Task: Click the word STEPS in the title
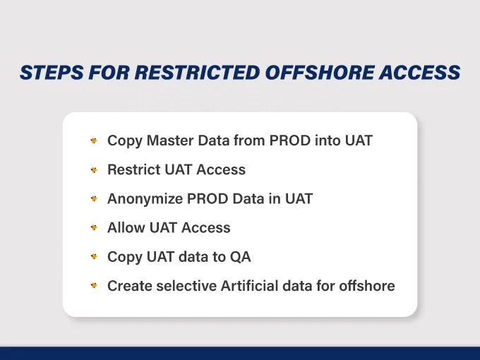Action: pos(52,73)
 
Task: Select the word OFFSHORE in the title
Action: pos(319,73)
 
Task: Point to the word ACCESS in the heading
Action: pos(419,73)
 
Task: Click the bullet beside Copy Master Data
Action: pos(94,140)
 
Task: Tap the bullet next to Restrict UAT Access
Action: pos(94,170)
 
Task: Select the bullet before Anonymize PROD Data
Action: pos(94,198)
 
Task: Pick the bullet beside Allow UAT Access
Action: pos(94,228)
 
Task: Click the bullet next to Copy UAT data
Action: pos(94,256)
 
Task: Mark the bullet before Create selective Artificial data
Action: pos(94,286)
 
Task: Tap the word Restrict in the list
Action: pos(134,169)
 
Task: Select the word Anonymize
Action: pos(145,199)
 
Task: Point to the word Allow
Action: pos(126,228)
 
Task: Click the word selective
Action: pos(186,286)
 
